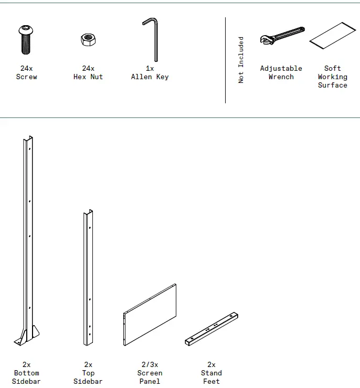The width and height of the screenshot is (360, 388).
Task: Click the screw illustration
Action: pyautogui.click(x=26, y=40)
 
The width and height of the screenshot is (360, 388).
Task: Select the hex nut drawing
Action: pyautogui.click(x=88, y=40)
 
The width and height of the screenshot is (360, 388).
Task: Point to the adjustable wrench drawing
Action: pyautogui.click(x=282, y=36)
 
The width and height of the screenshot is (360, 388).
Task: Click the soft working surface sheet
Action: pyautogui.click(x=333, y=36)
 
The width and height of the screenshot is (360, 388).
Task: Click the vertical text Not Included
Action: pyautogui.click(x=241, y=60)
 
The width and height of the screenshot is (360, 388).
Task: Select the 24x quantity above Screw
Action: pyautogui.click(x=26, y=68)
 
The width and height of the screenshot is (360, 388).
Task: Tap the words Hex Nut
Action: pyautogui.click(x=88, y=77)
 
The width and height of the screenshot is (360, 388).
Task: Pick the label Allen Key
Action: pyautogui.click(x=150, y=77)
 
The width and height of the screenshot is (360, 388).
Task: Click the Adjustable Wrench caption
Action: pyautogui.click(x=281, y=72)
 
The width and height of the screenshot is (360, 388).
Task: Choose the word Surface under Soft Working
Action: pyautogui.click(x=333, y=85)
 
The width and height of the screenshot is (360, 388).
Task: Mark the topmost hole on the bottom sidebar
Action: pyautogui.click(x=30, y=149)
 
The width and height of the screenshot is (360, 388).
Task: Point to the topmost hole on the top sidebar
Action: pyautogui.click(x=90, y=228)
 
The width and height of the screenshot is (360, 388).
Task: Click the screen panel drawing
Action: pyautogui.click(x=150, y=315)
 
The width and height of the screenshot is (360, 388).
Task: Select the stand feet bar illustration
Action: pyautogui.click(x=211, y=329)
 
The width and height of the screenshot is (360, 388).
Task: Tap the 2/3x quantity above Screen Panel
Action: pyautogui.click(x=150, y=364)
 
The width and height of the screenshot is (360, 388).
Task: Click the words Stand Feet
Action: pyautogui.click(x=211, y=377)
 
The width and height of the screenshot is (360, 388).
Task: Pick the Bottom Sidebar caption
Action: pyautogui.click(x=26, y=377)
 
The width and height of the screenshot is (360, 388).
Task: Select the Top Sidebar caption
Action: pyautogui.click(x=88, y=377)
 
